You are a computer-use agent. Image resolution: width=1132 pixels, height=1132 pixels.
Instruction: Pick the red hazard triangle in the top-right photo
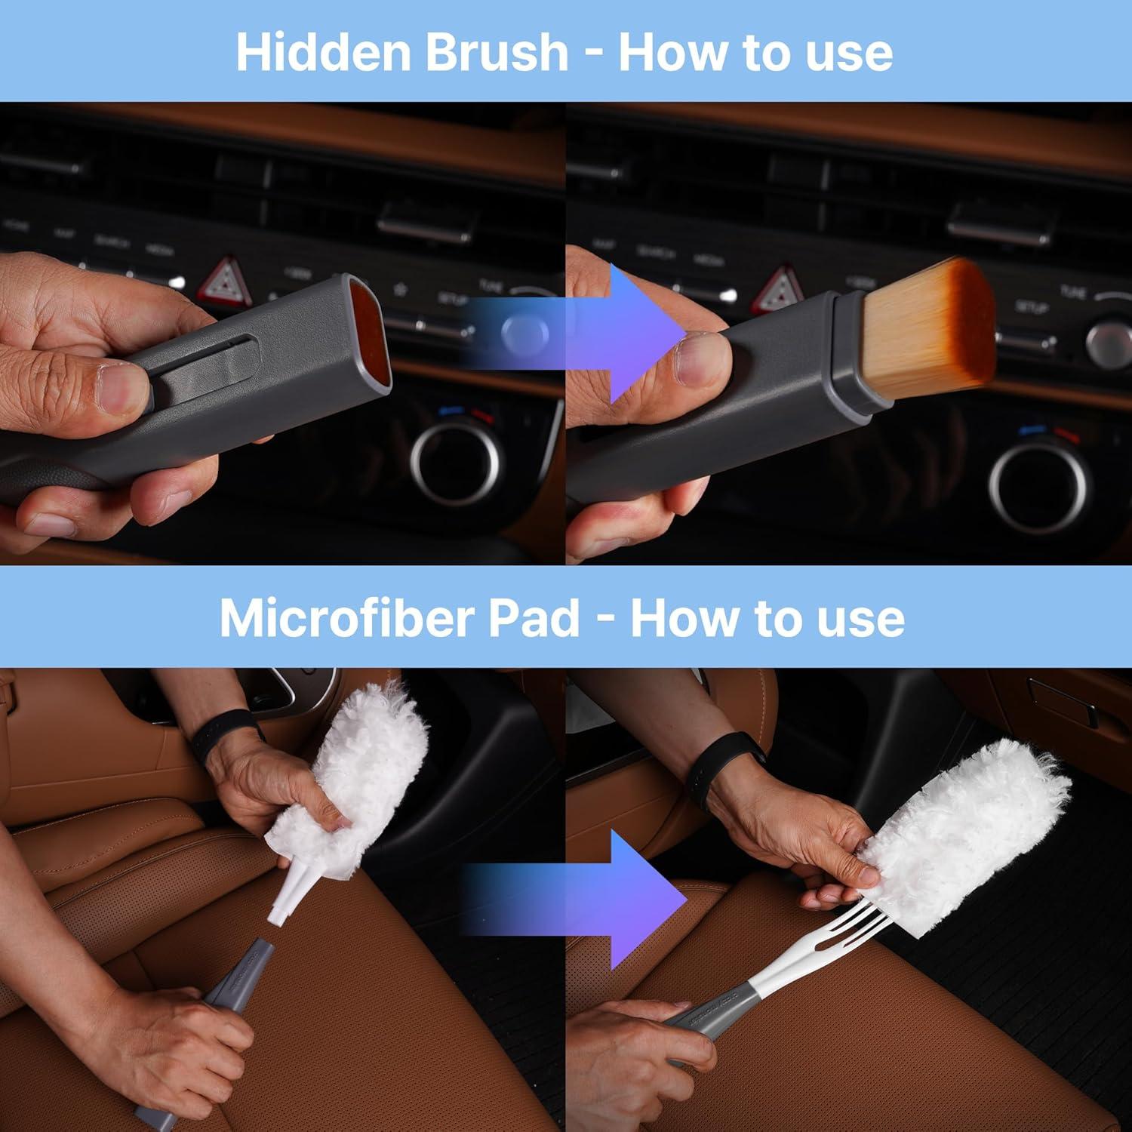click(x=780, y=288)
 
